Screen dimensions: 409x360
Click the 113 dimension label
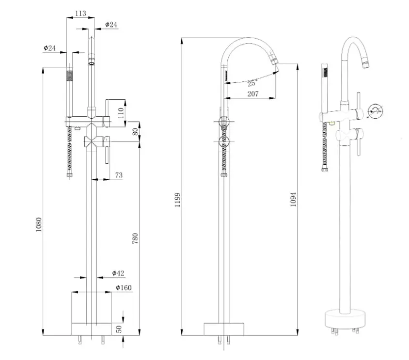(80, 13)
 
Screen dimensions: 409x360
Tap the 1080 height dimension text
(39, 225)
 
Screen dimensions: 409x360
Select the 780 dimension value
(135, 238)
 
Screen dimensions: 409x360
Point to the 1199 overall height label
(177, 200)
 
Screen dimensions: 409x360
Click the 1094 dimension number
(293, 199)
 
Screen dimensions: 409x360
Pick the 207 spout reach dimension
(253, 94)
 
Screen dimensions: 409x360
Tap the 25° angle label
(252, 83)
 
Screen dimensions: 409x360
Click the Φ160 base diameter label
(124, 287)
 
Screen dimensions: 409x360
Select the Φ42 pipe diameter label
(118, 273)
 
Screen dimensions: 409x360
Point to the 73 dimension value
(119, 175)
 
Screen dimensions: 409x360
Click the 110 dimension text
(121, 113)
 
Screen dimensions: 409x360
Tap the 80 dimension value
(135, 132)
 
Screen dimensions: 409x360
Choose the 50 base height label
(119, 329)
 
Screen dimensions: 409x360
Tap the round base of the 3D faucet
(345, 319)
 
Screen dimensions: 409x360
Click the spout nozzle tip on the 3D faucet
(366, 64)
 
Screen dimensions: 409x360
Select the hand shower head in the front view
(69, 76)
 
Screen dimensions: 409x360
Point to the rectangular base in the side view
(224, 329)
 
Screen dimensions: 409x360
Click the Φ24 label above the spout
(111, 25)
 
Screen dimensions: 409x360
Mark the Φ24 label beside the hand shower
(49, 48)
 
